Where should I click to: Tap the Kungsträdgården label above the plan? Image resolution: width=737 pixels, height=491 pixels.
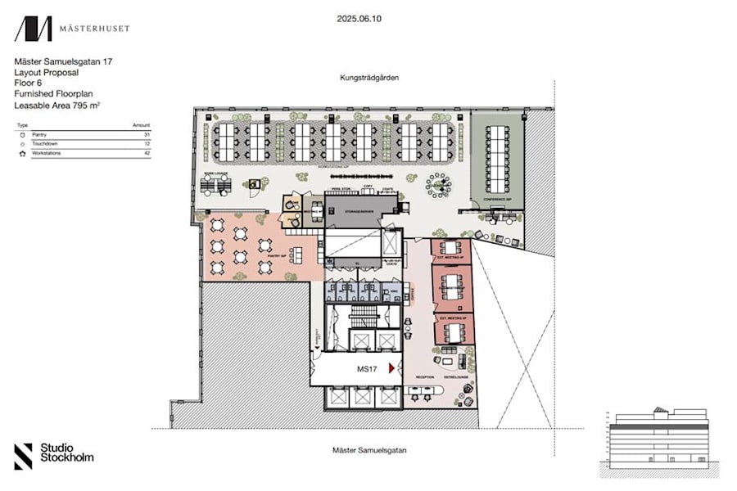tap(369, 79)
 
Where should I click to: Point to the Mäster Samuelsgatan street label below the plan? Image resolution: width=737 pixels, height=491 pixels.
tap(369, 450)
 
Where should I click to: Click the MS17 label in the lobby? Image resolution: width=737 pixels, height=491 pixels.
tap(367, 369)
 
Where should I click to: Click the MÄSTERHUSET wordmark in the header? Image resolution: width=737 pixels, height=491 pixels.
tap(93, 29)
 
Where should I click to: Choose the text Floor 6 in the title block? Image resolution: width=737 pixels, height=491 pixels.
tap(29, 83)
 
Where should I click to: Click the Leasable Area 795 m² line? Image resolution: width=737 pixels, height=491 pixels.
tap(62, 106)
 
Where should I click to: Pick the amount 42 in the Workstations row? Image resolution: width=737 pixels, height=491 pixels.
tap(147, 153)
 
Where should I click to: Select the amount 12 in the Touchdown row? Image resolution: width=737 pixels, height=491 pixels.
tap(147, 143)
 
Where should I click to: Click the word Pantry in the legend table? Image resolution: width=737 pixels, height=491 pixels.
tap(39, 133)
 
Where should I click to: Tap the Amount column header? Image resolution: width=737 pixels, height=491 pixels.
tap(142, 124)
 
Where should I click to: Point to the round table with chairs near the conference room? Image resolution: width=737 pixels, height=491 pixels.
tap(440, 185)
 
